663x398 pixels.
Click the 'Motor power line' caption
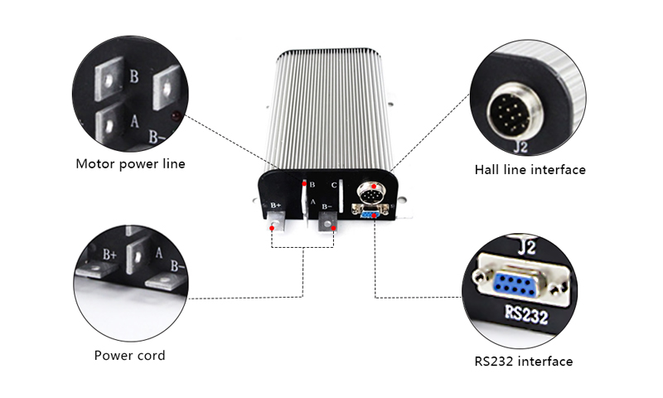130,163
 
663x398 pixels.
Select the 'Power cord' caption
129,356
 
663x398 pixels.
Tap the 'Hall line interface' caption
530,170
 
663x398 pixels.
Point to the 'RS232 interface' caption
523,362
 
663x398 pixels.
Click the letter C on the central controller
334,185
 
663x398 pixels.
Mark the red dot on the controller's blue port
375,216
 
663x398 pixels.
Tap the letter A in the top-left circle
133,119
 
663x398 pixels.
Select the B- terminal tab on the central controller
329,221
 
